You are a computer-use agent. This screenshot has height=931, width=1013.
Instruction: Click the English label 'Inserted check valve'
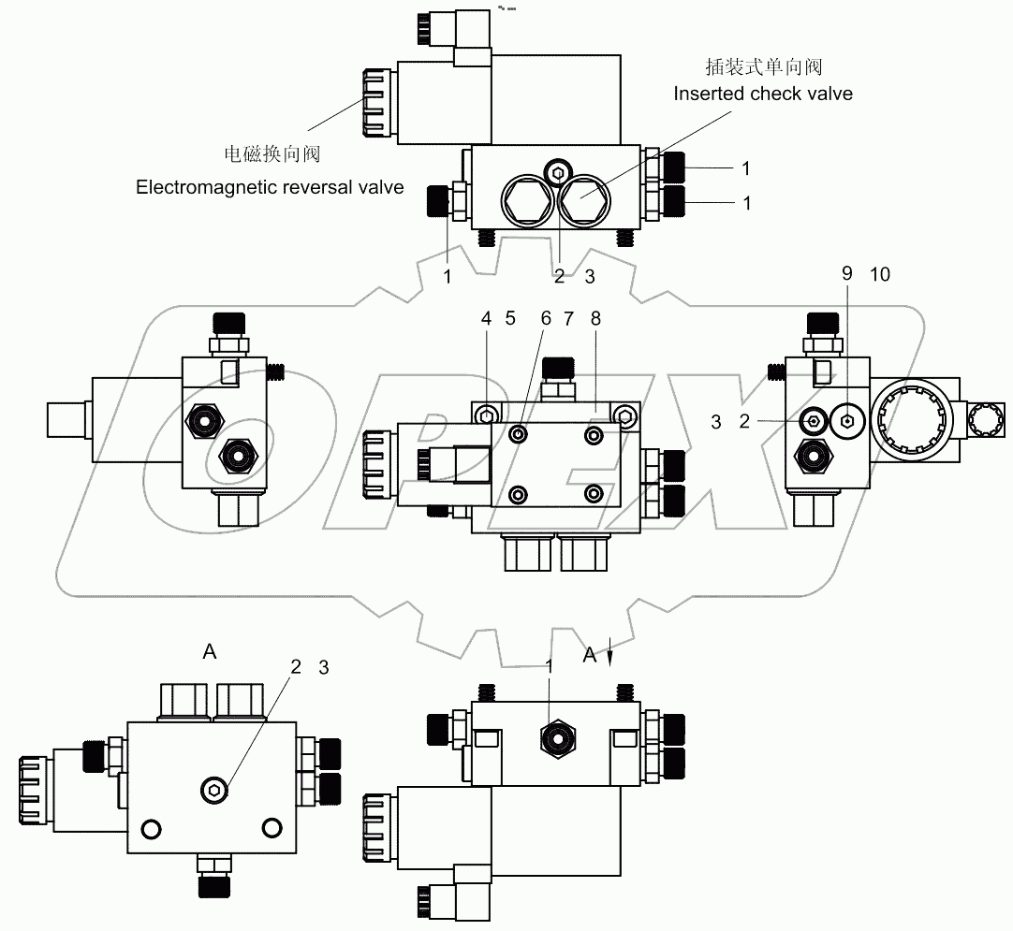coord(763,94)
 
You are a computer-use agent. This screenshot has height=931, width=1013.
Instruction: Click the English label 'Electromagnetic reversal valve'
coord(270,187)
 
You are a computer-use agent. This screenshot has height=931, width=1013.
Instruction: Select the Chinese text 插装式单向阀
coord(763,67)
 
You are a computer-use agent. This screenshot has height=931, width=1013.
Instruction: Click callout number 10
coord(880,274)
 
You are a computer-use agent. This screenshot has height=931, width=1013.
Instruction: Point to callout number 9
coord(847,274)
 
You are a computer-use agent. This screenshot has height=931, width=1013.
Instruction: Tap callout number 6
coord(546,318)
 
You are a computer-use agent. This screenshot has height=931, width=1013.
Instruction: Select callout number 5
coord(510,318)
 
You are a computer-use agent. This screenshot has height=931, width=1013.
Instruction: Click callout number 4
coord(487,318)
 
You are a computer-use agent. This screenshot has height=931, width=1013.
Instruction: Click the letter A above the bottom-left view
coord(210,652)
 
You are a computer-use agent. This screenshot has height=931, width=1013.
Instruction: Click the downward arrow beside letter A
coord(610,652)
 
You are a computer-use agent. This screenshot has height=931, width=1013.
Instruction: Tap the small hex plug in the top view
coord(559,170)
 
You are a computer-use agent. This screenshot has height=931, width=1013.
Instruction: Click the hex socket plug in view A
coord(214,792)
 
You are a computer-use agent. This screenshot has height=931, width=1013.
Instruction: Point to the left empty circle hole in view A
coord(149,828)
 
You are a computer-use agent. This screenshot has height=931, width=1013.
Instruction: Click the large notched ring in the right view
coord(915,426)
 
